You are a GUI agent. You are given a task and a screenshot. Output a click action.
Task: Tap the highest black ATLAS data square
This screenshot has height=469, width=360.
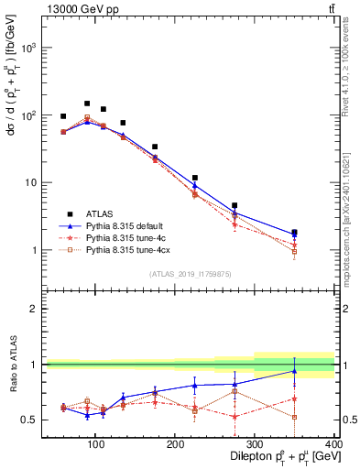pos(87,104)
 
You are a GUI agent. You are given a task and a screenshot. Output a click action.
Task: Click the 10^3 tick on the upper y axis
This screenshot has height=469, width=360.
pos(29,48)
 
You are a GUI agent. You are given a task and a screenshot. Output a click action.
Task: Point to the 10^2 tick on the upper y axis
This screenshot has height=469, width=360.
pos(29,115)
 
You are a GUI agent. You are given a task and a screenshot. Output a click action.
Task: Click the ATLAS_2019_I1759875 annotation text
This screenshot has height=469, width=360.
pos(191,274)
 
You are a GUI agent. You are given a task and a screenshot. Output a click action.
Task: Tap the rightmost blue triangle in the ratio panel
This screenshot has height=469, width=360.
pos(320,371)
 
